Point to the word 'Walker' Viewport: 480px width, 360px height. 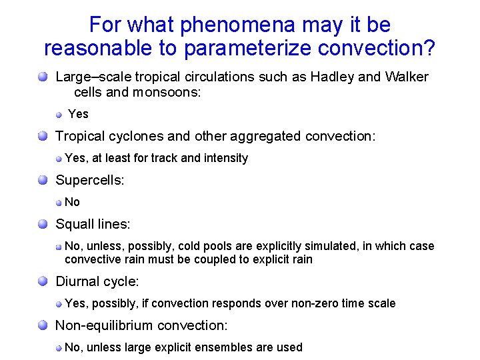pyautogui.click(x=406, y=77)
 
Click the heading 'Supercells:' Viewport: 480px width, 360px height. pyautogui.click(x=90, y=180)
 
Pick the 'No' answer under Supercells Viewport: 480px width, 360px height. pyautogui.click(x=72, y=202)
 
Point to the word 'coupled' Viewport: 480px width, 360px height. pyautogui.click(x=205, y=259)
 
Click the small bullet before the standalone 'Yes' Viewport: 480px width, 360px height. pyautogui.click(x=59, y=114)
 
